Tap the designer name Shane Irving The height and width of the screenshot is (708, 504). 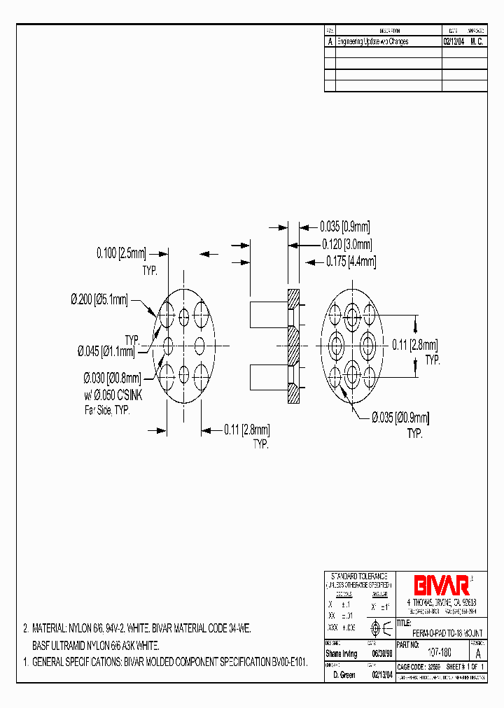tap(341, 653)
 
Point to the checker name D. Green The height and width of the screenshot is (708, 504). tap(342, 676)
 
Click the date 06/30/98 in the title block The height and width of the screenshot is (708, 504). tap(381, 653)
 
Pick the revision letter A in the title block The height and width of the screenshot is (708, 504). tap(478, 653)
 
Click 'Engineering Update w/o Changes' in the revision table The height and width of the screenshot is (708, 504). tap(372, 42)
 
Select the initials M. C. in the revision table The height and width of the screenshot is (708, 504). tap(477, 42)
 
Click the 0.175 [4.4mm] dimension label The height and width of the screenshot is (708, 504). tap(351, 262)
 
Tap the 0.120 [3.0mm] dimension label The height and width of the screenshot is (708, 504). tap(346, 244)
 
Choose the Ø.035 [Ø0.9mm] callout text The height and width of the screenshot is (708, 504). tap(400, 418)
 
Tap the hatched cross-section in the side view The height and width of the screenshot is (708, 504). tap(293, 346)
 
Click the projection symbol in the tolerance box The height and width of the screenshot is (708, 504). tap(375, 627)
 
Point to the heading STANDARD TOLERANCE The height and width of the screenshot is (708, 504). tap(359, 575)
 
